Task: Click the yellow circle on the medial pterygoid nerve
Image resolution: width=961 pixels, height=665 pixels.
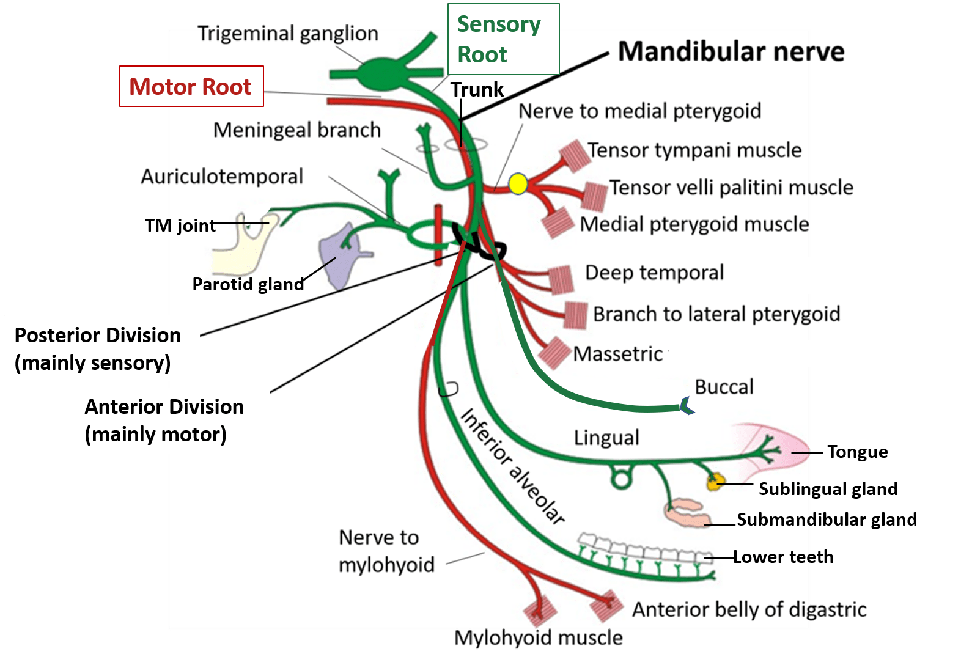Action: [x=518, y=183]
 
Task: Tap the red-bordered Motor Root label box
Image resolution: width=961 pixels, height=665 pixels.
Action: [x=191, y=87]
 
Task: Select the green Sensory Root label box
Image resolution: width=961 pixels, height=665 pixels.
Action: [x=503, y=39]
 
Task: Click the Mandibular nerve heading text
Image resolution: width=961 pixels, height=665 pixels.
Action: [x=731, y=51]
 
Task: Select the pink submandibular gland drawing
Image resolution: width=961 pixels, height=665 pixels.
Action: [x=686, y=513]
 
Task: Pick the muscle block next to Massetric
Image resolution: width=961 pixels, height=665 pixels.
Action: [x=554, y=353]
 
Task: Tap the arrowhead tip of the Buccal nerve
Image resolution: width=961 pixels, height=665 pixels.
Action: [x=686, y=406]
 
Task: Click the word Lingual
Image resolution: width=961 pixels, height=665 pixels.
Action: [x=606, y=438]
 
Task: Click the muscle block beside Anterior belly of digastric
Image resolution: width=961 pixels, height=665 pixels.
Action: [x=607, y=606]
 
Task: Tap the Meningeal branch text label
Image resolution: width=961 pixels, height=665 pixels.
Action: [x=296, y=130]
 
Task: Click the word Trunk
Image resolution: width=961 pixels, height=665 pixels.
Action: [x=477, y=89]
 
